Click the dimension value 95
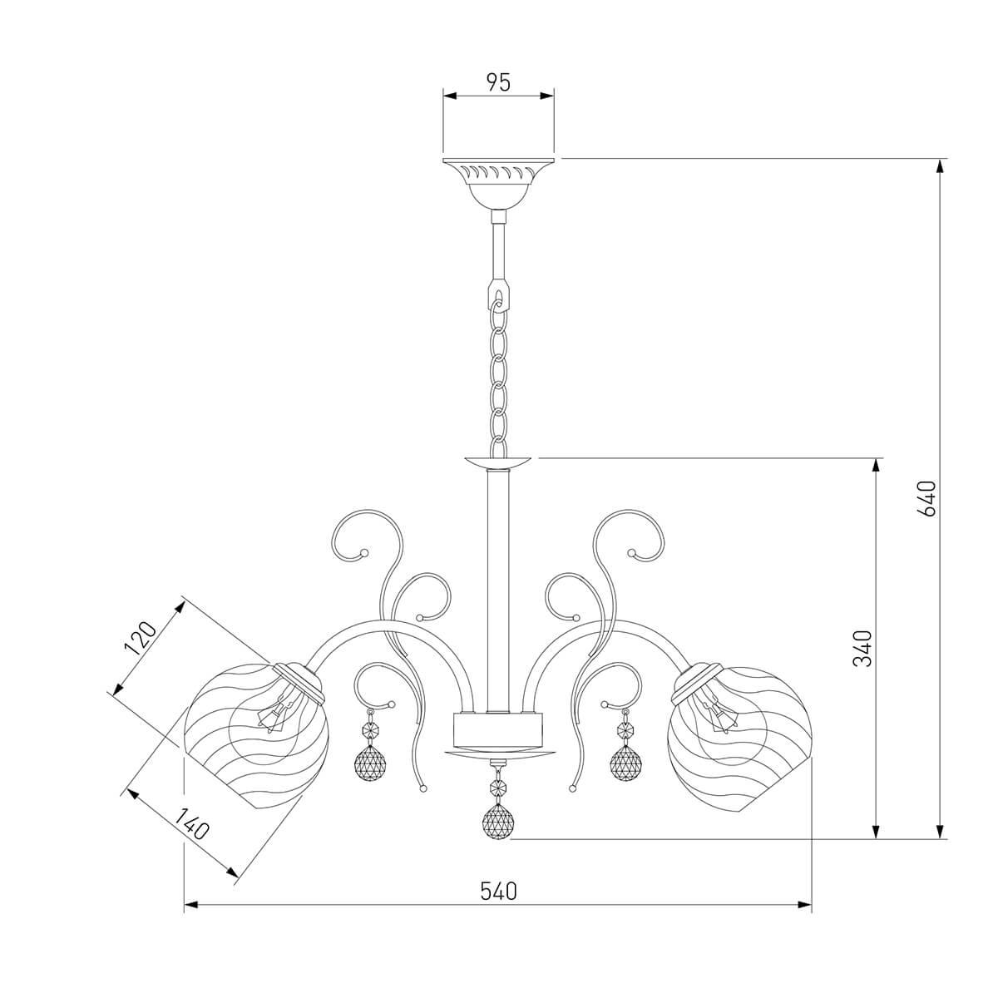coord(498,82)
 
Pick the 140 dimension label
coord(191,824)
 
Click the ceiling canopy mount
coord(499,183)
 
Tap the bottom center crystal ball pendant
coord(498,822)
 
